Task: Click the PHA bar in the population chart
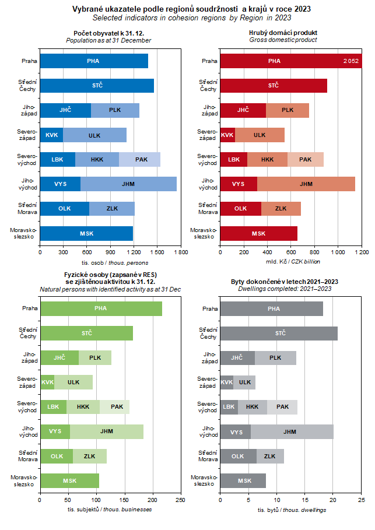tap(93, 61)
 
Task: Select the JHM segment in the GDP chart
tap(306, 184)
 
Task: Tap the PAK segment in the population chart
tap(140, 159)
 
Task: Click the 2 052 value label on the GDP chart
tap(351, 61)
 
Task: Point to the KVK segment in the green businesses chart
tap(47, 382)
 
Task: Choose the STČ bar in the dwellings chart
tap(279, 334)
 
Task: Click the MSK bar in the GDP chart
tap(258, 233)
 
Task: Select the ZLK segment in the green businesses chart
tap(90, 457)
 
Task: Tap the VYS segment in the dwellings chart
tap(236, 432)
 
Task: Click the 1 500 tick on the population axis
tap(156, 252)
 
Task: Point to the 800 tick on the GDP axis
tap(314, 252)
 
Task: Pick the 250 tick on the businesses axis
tap(180, 500)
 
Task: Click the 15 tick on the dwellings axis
tap(305, 500)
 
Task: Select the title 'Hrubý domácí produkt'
tap(283, 32)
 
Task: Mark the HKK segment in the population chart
tap(97, 159)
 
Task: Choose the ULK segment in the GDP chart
tap(260, 135)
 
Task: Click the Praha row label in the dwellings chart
tap(209, 309)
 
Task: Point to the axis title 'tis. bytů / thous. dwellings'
tap(292, 510)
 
